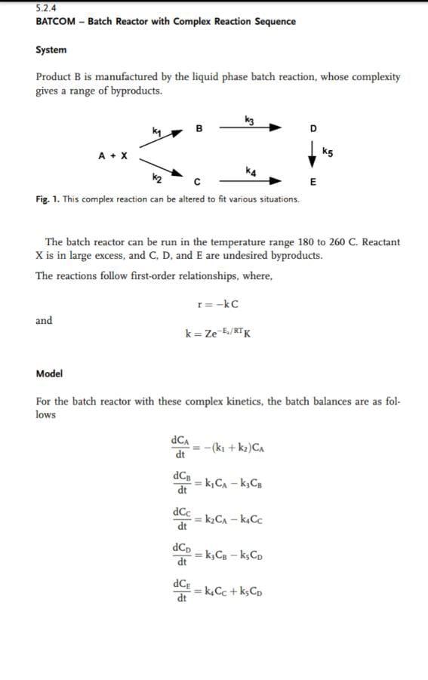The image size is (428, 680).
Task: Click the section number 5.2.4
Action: click(46, 8)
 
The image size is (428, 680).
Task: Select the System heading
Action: click(51, 50)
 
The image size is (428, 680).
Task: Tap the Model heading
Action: click(49, 374)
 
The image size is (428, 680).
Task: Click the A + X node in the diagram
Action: click(112, 155)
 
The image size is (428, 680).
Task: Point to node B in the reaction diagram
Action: click(199, 128)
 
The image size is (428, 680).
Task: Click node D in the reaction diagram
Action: click(313, 129)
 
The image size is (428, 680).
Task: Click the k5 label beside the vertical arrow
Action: click(328, 152)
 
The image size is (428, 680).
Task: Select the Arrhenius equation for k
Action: click(217, 333)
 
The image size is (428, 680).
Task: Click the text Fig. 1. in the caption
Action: click(48, 199)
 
